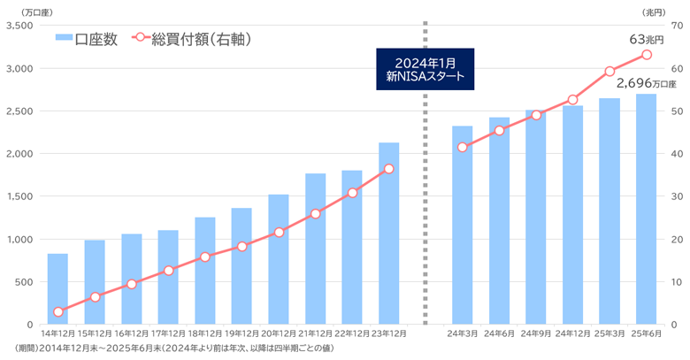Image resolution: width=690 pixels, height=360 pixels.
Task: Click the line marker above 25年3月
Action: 609,71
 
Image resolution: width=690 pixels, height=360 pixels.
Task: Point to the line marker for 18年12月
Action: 205,257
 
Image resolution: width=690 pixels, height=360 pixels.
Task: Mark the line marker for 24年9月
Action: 536,115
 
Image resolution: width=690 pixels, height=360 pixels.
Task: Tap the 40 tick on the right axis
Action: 675,154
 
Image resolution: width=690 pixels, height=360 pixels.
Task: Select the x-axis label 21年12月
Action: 315,333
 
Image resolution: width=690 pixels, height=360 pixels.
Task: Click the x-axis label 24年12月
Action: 572,333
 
